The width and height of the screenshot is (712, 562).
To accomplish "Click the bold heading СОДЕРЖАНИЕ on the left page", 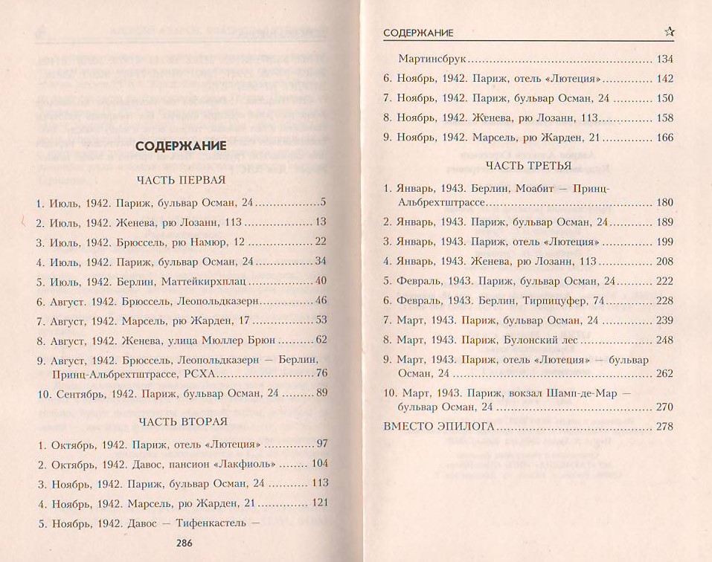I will coord(181,146).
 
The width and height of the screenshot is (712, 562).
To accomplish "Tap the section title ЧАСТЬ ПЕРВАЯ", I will coord(181,181).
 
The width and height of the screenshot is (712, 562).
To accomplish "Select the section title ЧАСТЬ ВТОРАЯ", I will coord(182,422).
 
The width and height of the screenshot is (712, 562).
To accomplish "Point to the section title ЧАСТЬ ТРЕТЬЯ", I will coord(528,165).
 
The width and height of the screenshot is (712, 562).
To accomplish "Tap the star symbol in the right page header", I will coord(669,31).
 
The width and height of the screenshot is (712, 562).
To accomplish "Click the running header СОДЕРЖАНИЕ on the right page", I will coord(418,33).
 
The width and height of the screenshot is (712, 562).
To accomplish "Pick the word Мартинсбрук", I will coord(432,59).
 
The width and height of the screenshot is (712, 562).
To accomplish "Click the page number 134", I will coord(664,59).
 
